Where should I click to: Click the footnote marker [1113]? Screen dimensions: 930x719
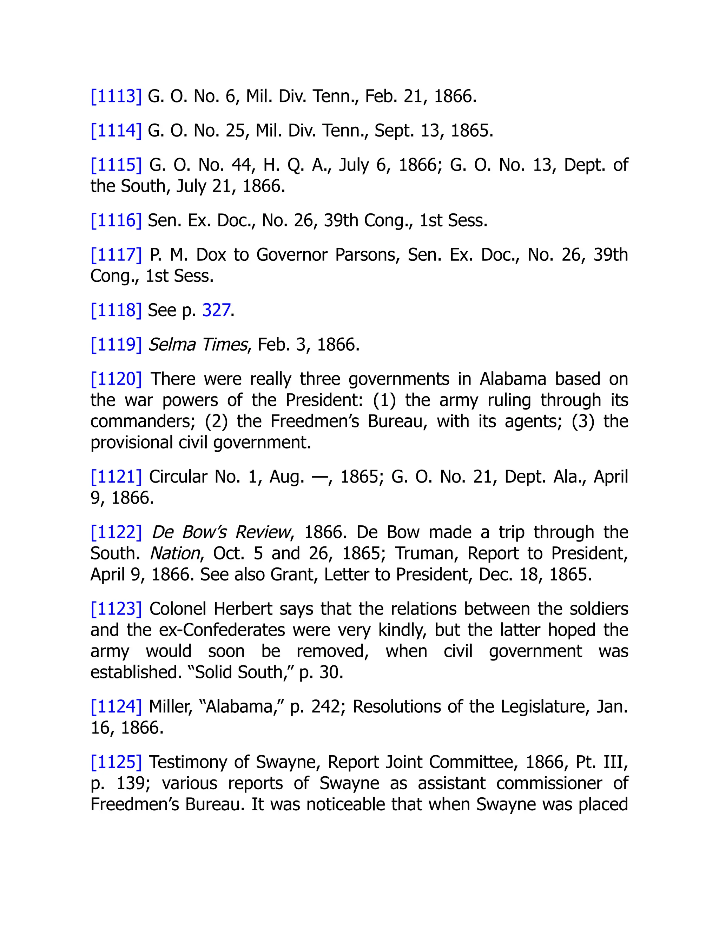click(116, 96)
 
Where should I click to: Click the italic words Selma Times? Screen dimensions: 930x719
click(197, 345)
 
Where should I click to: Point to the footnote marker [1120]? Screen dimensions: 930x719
click(116, 379)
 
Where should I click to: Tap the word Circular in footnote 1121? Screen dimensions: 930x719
click(177, 477)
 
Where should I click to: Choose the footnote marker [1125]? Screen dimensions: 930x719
click(116, 762)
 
